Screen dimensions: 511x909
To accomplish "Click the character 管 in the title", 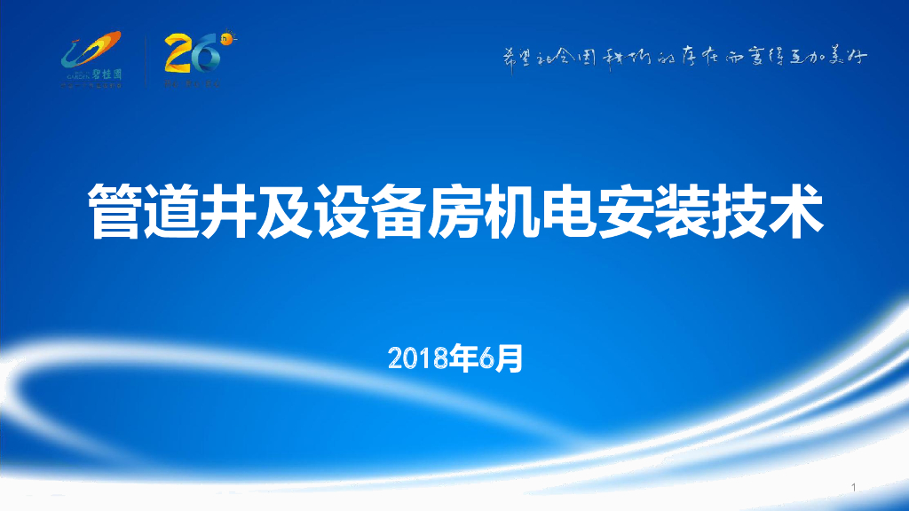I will pyautogui.click(x=115, y=211).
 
